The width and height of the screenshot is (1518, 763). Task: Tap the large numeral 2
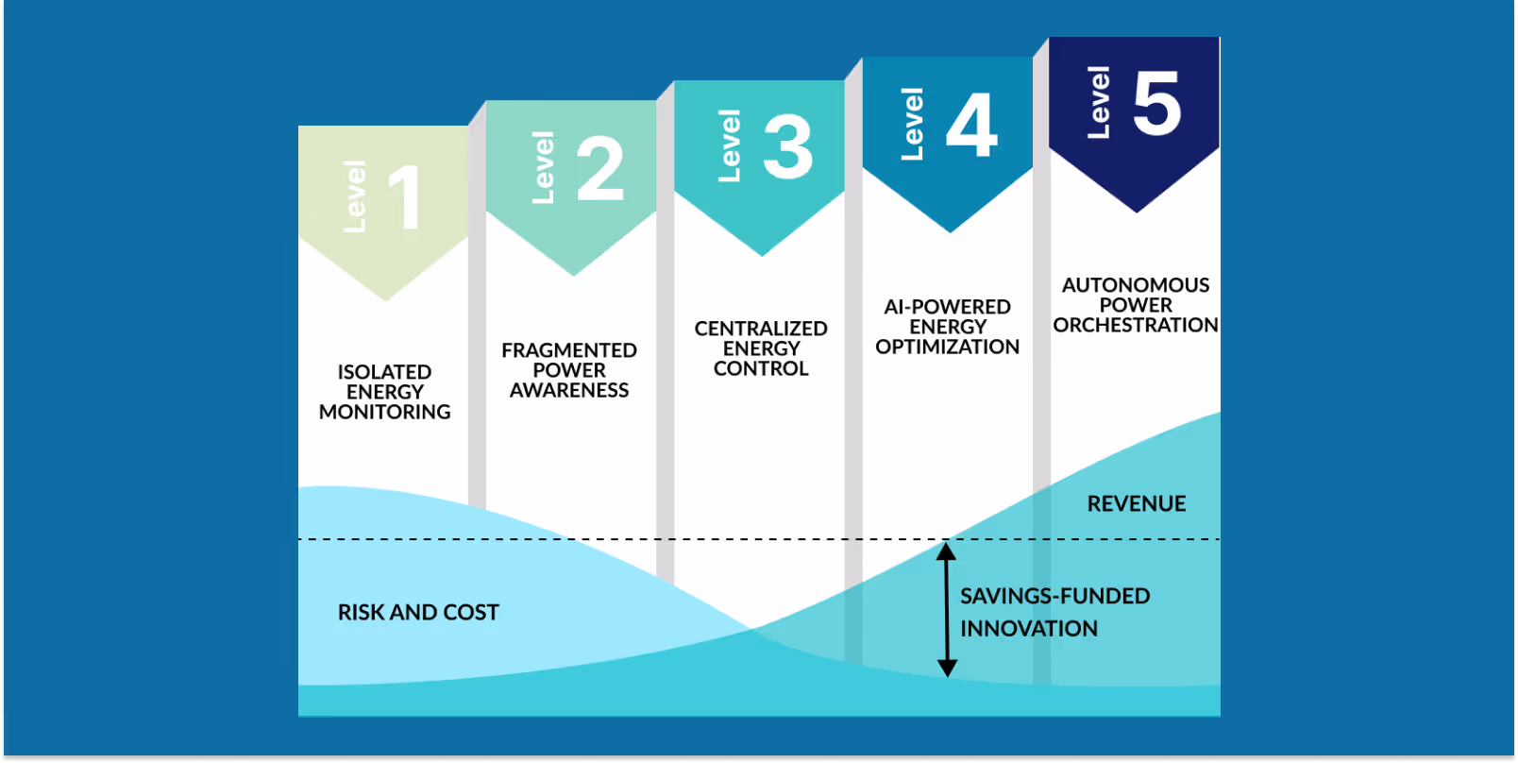point(600,168)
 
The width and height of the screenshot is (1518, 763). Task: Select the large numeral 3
point(788,146)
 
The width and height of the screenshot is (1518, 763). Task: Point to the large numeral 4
point(972,125)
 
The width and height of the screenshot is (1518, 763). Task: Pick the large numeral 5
point(1157,103)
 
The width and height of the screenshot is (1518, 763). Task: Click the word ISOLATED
point(384,372)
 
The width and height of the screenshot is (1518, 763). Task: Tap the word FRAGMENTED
point(569,350)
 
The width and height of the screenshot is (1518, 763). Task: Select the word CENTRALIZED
point(761,329)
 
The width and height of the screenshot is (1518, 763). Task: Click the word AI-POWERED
point(947,307)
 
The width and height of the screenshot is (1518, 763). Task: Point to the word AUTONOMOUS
point(1136,285)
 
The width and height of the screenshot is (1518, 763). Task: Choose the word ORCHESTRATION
point(1136,325)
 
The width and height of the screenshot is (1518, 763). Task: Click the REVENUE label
point(1137,504)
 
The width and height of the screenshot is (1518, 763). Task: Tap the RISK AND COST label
point(418,613)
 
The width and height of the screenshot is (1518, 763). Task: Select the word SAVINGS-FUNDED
point(1055,597)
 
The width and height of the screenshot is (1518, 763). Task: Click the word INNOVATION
point(1029,629)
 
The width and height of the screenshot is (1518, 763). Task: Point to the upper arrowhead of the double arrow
point(947,550)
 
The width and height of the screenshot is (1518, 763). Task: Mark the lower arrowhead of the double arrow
point(947,669)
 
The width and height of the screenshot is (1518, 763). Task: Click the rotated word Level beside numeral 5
point(1098,103)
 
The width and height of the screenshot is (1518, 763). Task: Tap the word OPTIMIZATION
point(947,347)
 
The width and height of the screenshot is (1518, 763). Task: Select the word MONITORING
point(384,412)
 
